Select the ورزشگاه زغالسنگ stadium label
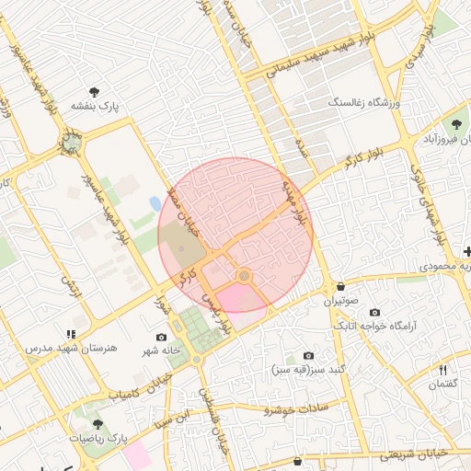pos(366,103)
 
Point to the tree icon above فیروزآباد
pos(455,124)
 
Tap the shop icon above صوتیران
pos(341,287)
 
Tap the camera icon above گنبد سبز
pos(308,355)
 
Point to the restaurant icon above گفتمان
pos(443,370)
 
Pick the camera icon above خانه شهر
pos(162,337)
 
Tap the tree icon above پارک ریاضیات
pos(98,425)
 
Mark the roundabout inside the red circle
pos(244,276)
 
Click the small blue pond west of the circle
pos(155,201)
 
